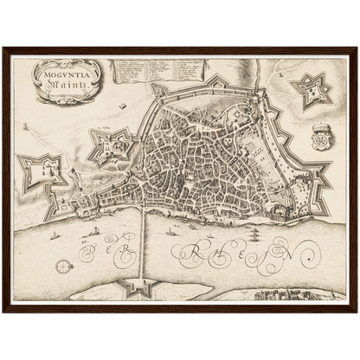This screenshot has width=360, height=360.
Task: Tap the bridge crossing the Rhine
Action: click(x=143, y=242)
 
